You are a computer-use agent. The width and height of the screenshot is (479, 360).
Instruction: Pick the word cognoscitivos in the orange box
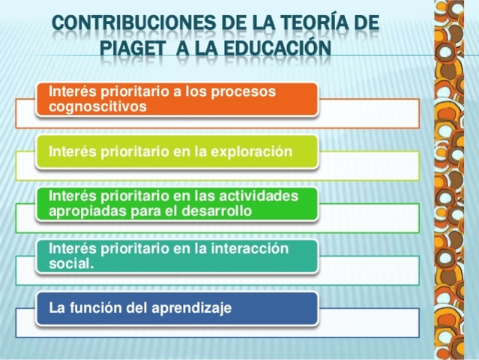click(x=97, y=106)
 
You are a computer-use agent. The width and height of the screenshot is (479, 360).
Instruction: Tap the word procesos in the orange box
click(x=239, y=91)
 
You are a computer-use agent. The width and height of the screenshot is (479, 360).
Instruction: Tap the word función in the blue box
click(x=94, y=307)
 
